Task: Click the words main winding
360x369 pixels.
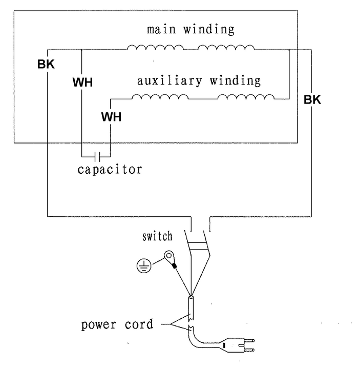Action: pyautogui.click(x=190, y=29)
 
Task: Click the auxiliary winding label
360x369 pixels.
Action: pyautogui.click(x=199, y=80)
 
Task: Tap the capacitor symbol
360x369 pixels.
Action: pyautogui.click(x=96, y=154)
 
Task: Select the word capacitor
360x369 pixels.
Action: pyautogui.click(x=110, y=169)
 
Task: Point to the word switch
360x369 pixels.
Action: pyautogui.click(x=157, y=236)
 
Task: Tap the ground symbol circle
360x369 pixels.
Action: pyautogui.click(x=144, y=265)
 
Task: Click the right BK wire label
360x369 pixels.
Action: pyautogui.click(x=312, y=100)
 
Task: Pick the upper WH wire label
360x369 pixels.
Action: pyautogui.click(x=82, y=82)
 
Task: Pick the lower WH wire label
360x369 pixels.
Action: pyautogui.click(x=111, y=116)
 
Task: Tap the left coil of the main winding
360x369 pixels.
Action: pyautogui.click(x=155, y=49)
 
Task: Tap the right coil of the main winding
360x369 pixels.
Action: pyautogui.click(x=226, y=49)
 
